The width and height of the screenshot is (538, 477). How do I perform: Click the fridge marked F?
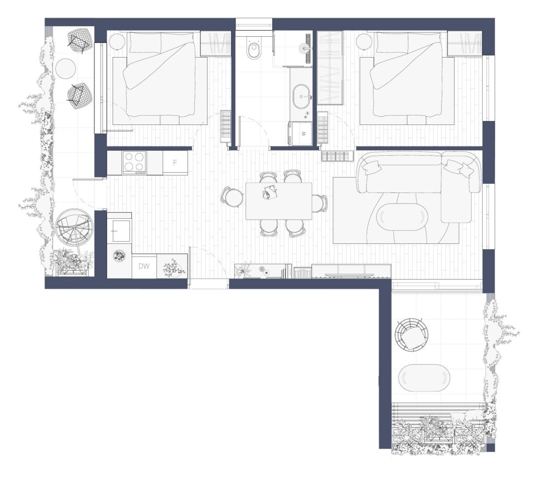click(x=175, y=162)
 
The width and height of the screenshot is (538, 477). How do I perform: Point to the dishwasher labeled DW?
click(x=144, y=266)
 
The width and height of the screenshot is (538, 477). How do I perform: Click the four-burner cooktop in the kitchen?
click(x=134, y=162)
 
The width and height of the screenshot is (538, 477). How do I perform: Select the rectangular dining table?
click(x=279, y=201)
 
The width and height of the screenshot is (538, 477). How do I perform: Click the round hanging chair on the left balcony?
click(x=74, y=225)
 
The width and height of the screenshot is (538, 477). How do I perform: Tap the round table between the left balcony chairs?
click(x=65, y=68)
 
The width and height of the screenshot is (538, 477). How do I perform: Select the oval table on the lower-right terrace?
click(x=424, y=378)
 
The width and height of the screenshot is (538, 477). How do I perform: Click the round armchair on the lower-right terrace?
click(x=411, y=334)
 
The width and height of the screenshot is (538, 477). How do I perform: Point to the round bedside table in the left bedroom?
click(x=117, y=42)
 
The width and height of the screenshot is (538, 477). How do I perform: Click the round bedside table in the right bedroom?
click(x=364, y=42)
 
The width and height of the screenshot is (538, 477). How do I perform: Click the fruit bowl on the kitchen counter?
click(x=119, y=255)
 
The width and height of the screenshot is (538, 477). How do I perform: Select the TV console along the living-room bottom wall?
click(x=351, y=271)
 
